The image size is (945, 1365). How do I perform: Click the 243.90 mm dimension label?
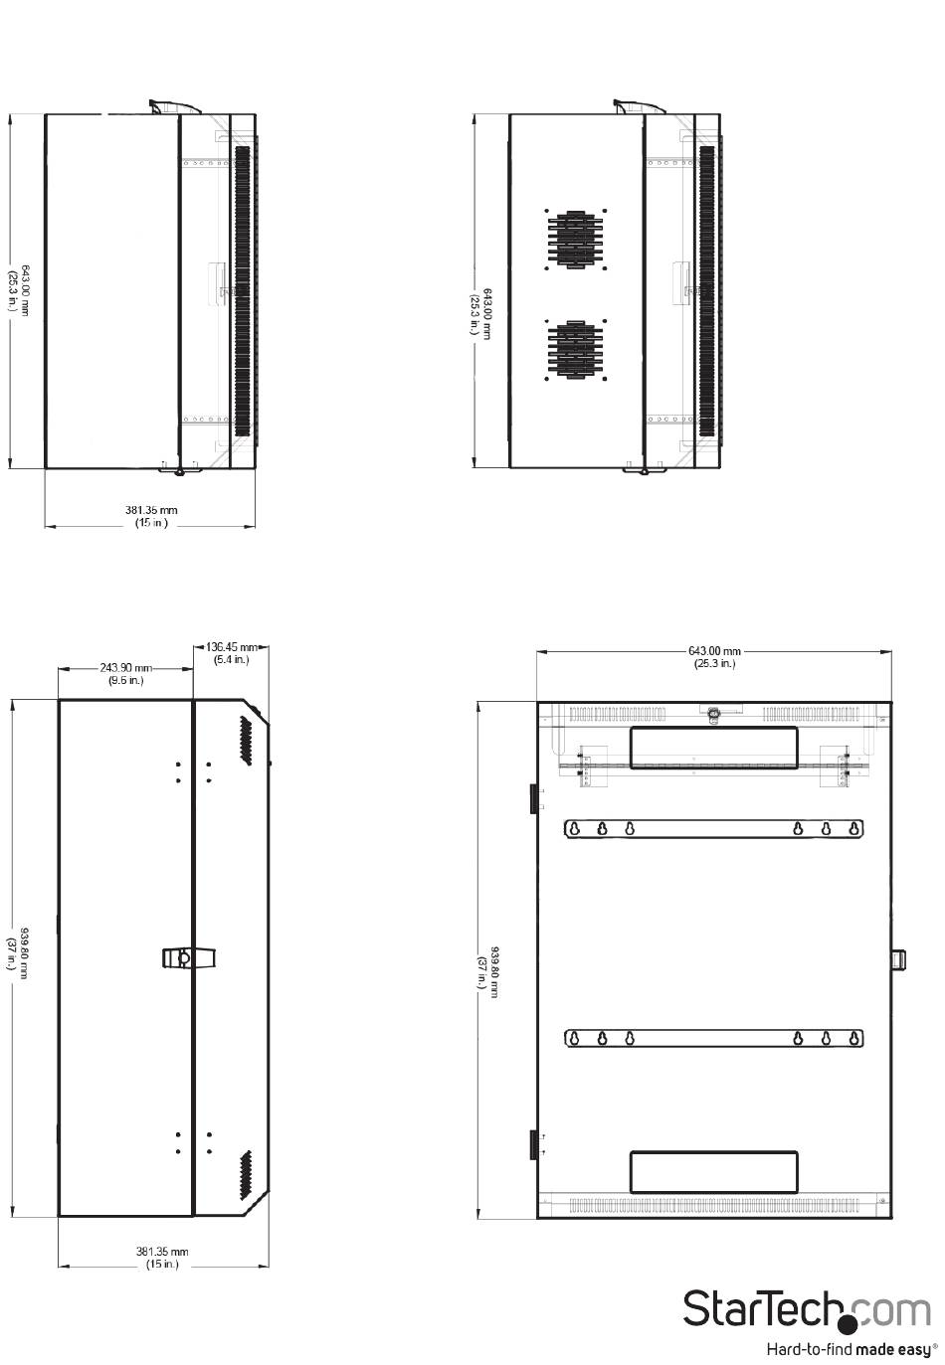pyautogui.click(x=126, y=668)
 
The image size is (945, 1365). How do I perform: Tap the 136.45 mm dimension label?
pyautogui.click(x=232, y=646)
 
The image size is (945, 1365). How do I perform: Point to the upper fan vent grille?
pyautogui.click(x=575, y=240)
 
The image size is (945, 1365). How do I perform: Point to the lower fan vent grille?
pyautogui.click(x=575, y=350)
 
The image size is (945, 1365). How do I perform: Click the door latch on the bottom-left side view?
pyautogui.click(x=189, y=958)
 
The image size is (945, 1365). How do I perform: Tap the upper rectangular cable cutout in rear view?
pyautogui.click(x=713, y=748)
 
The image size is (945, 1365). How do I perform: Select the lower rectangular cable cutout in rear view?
pyautogui.click(x=713, y=1172)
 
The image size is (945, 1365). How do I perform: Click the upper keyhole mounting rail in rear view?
pyautogui.click(x=713, y=829)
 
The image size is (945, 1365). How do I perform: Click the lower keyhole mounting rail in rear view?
pyautogui.click(x=713, y=1038)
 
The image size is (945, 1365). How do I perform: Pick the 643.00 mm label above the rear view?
pyautogui.click(x=714, y=651)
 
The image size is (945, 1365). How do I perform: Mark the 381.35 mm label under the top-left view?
pyautogui.click(x=151, y=510)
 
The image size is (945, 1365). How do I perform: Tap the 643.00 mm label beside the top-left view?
pyautogui.click(x=25, y=290)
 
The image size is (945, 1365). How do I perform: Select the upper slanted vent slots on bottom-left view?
pyautogui.click(x=245, y=741)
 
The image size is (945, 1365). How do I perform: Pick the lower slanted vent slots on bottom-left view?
pyautogui.click(x=245, y=1175)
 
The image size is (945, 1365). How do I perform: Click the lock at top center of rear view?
pyautogui.click(x=712, y=714)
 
